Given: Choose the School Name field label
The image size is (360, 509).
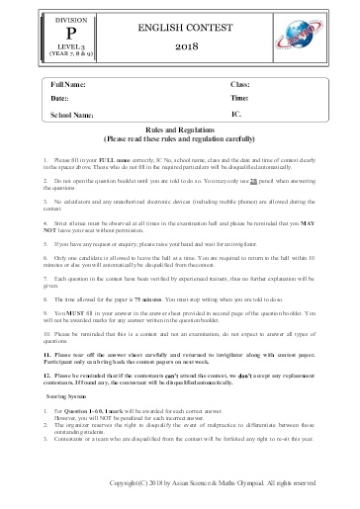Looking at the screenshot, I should [x=71, y=115].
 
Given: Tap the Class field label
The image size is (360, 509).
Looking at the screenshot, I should [x=240, y=87].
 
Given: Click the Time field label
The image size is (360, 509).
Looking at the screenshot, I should [x=239, y=100].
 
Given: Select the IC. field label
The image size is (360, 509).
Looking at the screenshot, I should [x=235, y=114].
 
